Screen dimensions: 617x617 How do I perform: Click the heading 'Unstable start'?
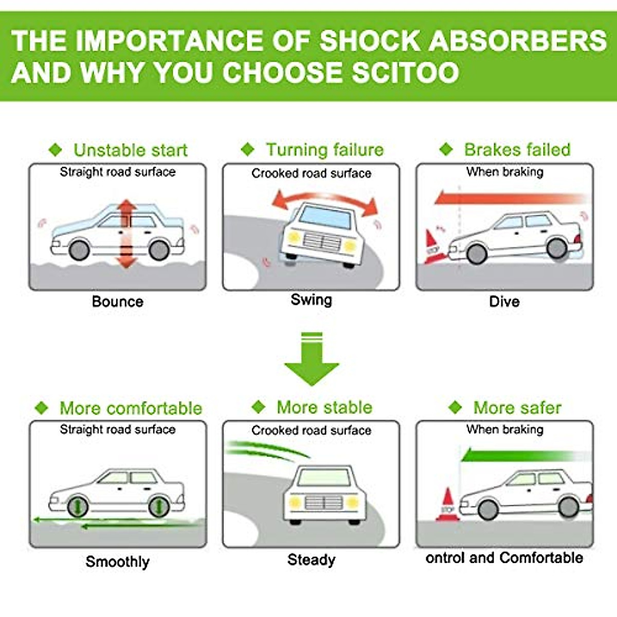131,150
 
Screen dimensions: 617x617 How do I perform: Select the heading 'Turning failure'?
324,150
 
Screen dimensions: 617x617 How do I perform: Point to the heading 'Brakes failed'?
517,150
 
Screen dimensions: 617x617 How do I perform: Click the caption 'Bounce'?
117,301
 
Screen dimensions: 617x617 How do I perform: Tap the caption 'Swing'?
311,300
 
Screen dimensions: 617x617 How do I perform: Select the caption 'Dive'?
504,301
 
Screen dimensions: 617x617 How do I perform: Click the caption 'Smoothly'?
117,561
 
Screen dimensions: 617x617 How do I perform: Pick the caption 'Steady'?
311,559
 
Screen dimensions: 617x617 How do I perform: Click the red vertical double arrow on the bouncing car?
126,234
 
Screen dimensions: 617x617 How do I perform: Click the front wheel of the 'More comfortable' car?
78,507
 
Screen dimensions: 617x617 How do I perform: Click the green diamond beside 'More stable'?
258,407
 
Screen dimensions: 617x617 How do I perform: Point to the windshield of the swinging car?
325,217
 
